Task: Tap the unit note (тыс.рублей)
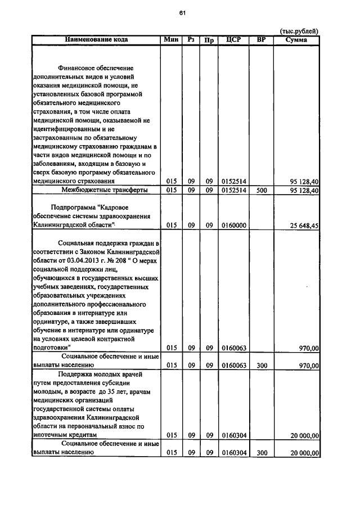coord(299,31)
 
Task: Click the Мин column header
coord(170,39)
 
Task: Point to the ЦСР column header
coord(233,39)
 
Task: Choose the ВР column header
coord(260,39)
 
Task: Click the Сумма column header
coord(296,39)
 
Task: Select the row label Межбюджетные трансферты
coord(96,191)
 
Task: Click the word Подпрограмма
coord(74,206)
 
